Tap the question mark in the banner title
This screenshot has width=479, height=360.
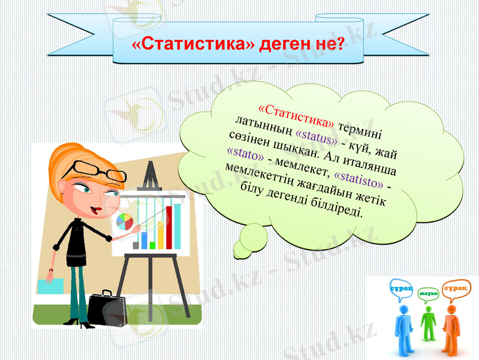(341, 44)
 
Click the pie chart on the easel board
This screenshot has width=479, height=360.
(124, 222)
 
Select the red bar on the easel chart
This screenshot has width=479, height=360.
(169, 227)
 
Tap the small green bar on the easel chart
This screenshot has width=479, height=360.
(152, 245)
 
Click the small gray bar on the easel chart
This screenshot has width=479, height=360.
(136, 245)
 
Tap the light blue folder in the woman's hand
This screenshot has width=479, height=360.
(49, 285)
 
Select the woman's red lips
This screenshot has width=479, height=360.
(95, 210)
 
